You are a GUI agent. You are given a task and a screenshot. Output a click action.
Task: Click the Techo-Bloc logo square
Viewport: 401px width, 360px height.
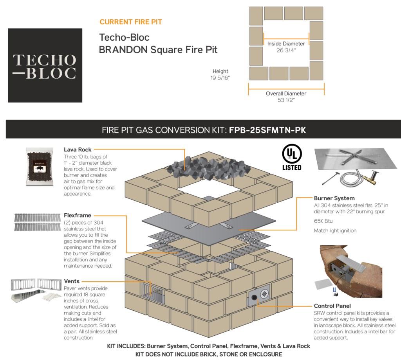click(45, 65)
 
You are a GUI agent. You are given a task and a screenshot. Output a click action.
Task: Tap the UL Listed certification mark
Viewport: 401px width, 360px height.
click(292, 157)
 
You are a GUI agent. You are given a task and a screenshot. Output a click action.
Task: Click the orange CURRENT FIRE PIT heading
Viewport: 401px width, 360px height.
click(131, 22)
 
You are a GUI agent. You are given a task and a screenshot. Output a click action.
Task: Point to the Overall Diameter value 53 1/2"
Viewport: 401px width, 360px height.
click(286, 100)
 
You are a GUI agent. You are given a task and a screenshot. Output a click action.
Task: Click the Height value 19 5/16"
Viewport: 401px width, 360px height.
click(220, 78)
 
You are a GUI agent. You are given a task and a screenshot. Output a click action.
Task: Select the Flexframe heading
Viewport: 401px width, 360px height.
click(78, 215)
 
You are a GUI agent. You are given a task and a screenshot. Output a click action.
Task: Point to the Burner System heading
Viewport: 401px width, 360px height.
click(334, 198)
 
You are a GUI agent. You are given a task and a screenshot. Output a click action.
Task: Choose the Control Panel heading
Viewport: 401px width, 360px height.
click(332, 306)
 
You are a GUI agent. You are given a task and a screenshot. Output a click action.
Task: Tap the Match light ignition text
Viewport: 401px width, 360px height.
click(336, 231)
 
